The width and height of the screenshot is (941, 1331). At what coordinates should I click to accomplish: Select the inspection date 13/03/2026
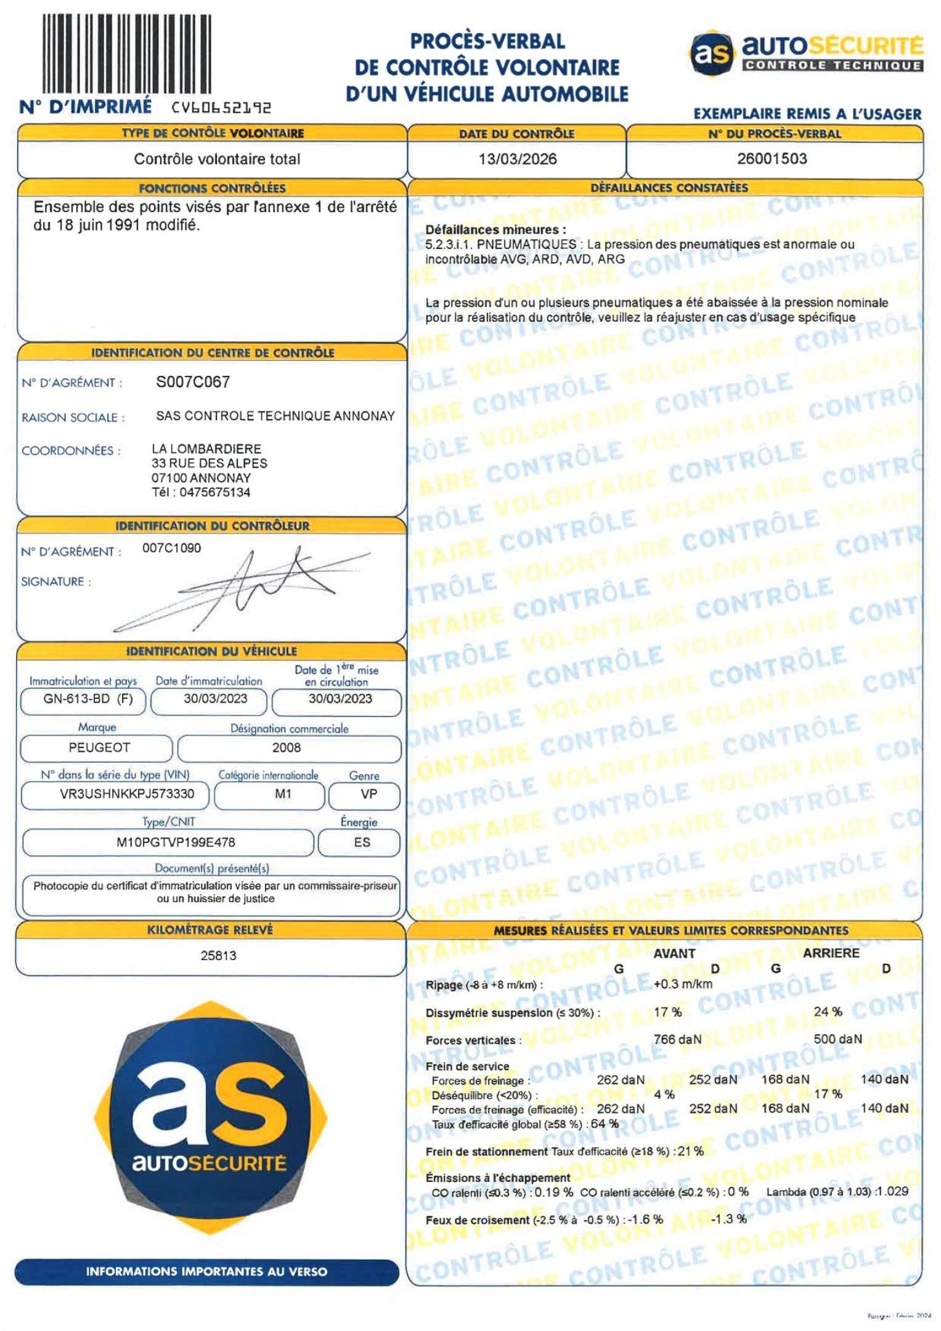click(x=517, y=159)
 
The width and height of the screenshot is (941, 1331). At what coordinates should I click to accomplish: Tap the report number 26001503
click(x=772, y=158)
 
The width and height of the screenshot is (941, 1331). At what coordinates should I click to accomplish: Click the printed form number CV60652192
click(x=221, y=108)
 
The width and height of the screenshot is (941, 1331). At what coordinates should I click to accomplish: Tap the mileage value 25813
click(x=218, y=956)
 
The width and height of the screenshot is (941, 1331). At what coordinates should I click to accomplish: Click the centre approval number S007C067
click(x=192, y=382)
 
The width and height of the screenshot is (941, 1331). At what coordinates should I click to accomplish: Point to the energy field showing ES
click(x=362, y=842)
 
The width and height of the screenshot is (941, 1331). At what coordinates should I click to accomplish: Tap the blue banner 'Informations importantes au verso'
click(x=206, y=1271)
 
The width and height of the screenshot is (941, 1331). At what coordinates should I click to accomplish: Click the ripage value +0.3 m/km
click(x=683, y=984)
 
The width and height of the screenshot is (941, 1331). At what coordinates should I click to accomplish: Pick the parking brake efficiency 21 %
click(x=690, y=1151)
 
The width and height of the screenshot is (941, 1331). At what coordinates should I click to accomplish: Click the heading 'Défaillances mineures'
click(x=495, y=230)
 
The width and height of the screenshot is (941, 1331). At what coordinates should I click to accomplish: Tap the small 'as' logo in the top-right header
click(x=711, y=53)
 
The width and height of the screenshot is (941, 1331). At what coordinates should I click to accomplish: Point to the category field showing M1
click(x=283, y=794)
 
